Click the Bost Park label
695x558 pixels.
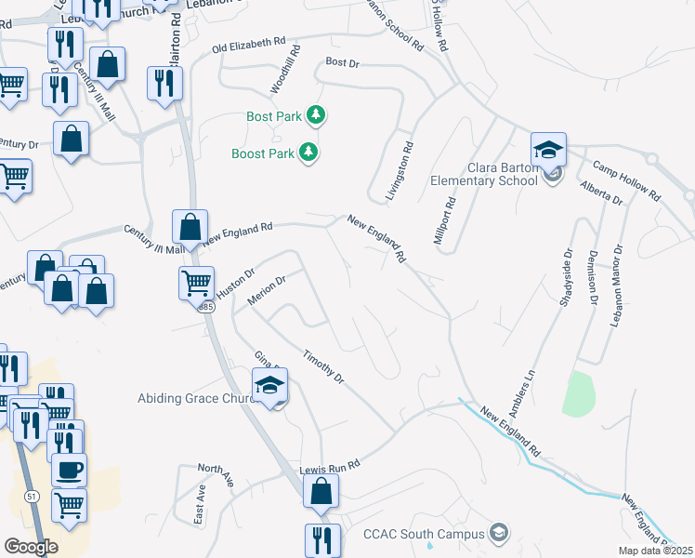pyautogui.click(x=275, y=116)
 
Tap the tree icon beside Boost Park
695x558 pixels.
pyautogui.click(x=308, y=153)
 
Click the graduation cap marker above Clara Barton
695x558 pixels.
pyautogui.click(x=548, y=149)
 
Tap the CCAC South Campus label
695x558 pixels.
pyautogui.click(x=424, y=534)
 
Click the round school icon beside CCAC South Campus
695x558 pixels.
pyautogui.click(x=499, y=532)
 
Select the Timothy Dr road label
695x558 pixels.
pyautogui.click(x=324, y=366)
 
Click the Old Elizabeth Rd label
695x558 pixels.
pyautogui.click(x=249, y=45)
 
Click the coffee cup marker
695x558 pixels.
pyautogui.click(x=69, y=470)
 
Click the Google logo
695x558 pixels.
pyautogui.click(x=31, y=546)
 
